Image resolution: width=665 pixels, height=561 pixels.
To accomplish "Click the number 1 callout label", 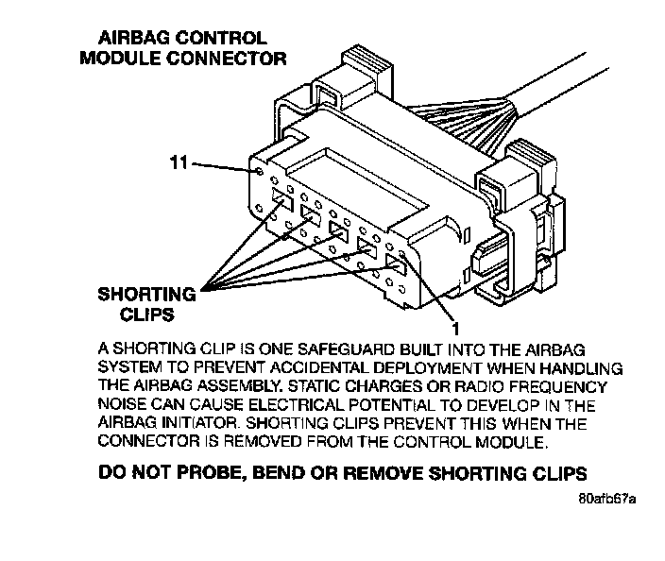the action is (x=455, y=329).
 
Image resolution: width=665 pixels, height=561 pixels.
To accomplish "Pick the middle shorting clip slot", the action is (x=337, y=229).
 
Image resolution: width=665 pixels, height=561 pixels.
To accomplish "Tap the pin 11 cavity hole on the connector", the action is (x=256, y=174).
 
